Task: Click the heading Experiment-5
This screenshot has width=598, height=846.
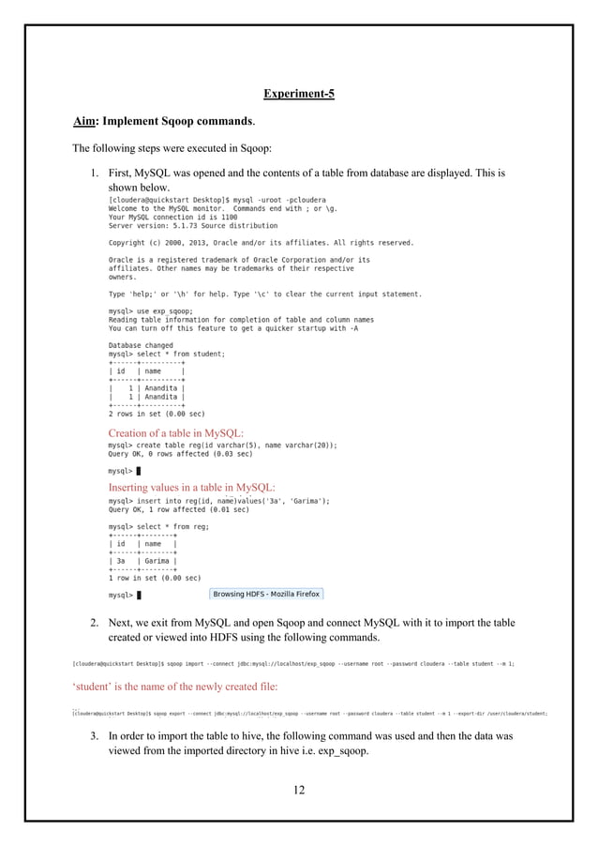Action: click(x=298, y=94)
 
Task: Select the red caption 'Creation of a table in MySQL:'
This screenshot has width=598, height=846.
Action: click(x=176, y=432)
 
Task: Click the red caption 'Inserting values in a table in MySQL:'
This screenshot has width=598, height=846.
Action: click(x=192, y=487)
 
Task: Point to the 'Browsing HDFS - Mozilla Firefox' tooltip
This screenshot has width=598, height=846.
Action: click(x=266, y=594)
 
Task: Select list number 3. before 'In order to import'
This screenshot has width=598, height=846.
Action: click(x=95, y=736)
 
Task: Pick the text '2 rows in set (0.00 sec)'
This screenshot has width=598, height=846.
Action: click(x=157, y=413)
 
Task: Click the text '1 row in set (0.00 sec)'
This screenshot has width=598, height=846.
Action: click(x=155, y=579)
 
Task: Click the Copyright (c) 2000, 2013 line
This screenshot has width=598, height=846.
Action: click(x=261, y=242)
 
